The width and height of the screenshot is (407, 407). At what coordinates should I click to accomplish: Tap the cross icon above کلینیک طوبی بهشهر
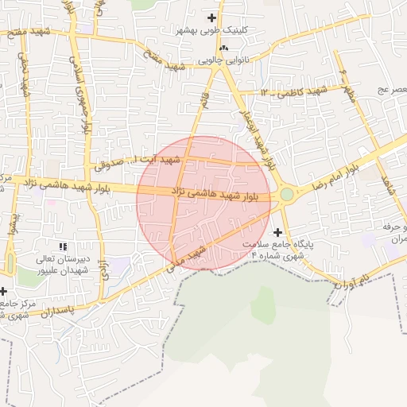pyautogui.click(x=211, y=17)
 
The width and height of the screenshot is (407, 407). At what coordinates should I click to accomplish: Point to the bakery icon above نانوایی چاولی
pyautogui.click(x=223, y=48)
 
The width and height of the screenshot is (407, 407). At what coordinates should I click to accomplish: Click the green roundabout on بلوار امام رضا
pyautogui.click(x=286, y=194)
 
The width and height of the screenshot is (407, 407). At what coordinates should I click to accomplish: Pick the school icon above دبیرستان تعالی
pyautogui.click(x=63, y=247)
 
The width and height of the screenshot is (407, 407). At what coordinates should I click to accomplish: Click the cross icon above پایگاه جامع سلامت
pyautogui.click(x=277, y=232)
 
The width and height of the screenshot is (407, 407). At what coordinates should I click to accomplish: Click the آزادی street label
pyautogui.click(x=102, y=271)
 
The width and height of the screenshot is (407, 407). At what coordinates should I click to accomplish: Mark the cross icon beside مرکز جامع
pyautogui.click(x=3, y=291)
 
